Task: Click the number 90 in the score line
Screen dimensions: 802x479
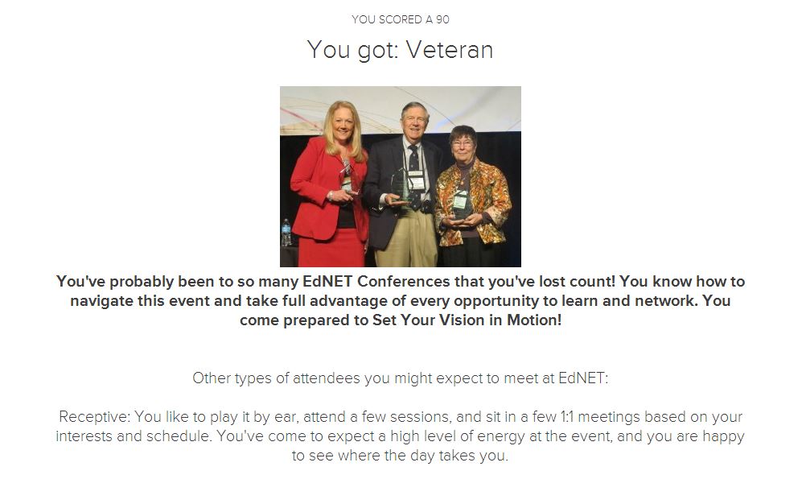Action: pyautogui.click(x=442, y=19)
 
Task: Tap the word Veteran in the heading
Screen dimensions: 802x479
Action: pyautogui.click(x=450, y=50)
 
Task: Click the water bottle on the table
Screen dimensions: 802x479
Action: pyautogui.click(x=286, y=233)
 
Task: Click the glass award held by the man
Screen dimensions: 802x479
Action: pyautogui.click(x=400, y=188)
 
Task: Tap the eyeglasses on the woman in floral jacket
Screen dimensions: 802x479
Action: pyautogui.click(x=463, y=144)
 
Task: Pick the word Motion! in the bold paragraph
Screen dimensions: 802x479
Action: pyautogui.click(x=534, y=320)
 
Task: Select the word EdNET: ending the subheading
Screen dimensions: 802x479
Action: pyautogui.click(x=583, y=378)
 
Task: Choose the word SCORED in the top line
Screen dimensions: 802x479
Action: pyautogui.click(x=401, y=19)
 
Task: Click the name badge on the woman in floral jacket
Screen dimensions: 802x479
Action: pyautogui.click(x=460, y=200)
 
